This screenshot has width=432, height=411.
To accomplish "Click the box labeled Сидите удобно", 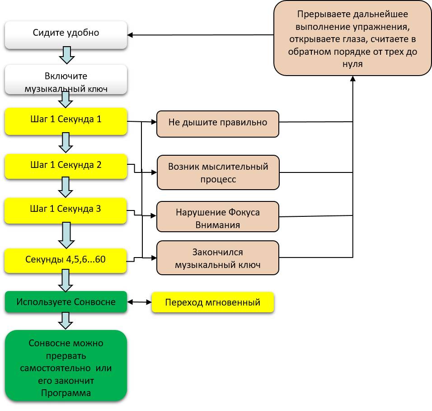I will (x=66, y=33).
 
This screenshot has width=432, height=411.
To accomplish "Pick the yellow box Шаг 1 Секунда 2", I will (x=66, y=165).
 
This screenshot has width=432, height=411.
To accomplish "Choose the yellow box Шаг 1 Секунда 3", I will (x=66, y=210).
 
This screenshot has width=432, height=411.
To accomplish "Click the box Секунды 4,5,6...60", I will (x=66, y=260).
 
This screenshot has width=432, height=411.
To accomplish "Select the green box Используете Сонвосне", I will (x=66, y=302).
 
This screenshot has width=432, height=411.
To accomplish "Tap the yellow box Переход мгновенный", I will (x=212, y=302).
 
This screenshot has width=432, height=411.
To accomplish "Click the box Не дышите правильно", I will (x=218, y=123).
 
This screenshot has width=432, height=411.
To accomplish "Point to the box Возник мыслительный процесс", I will (x=218, y=172).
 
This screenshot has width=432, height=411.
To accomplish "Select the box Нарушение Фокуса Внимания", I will (x=218, y=218).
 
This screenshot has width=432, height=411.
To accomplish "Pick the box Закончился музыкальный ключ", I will (x=218, y=258).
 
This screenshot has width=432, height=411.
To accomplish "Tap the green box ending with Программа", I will (x=66, y=366).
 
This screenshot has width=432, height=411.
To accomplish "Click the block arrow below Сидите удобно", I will (x=66, y=56).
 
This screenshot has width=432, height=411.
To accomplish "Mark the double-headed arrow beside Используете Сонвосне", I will (x=140, y=302).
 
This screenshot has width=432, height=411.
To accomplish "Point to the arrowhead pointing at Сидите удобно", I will (x=131, y=35).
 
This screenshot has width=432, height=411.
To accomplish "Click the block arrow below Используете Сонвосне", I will (x=66, y=320).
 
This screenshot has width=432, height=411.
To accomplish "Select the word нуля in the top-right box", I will (x=352, y=64).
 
